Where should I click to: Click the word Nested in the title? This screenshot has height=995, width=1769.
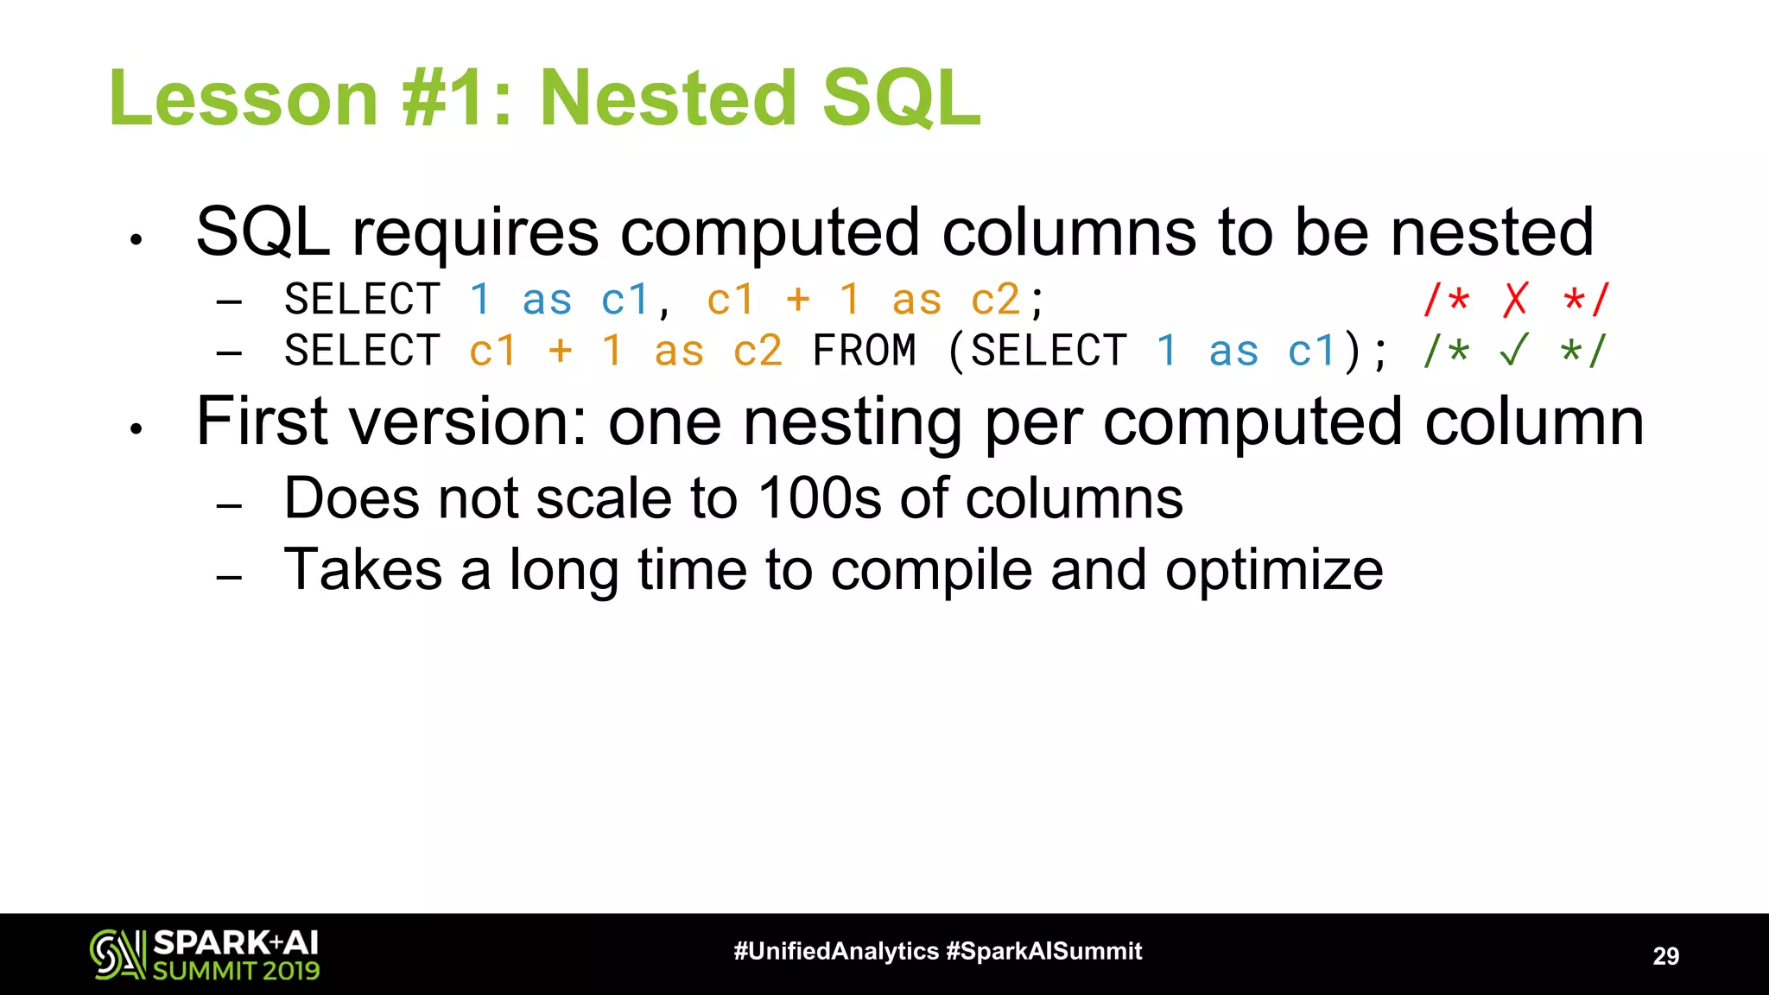coord(667,98)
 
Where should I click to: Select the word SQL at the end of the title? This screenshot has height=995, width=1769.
coord(901,98)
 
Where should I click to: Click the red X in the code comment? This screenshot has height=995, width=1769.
coord(1515,300)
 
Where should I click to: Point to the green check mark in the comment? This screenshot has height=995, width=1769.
coord(1515,351)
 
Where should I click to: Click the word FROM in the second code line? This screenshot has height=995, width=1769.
coord(864,351)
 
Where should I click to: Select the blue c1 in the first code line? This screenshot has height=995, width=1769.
coord(625,300)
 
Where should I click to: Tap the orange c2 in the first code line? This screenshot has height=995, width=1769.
coord(995,300)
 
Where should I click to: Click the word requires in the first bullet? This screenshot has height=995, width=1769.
coord(475,233)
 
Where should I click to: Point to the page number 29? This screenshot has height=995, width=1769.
coord(1665,955)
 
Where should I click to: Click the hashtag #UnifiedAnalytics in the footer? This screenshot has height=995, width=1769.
coord(835,951)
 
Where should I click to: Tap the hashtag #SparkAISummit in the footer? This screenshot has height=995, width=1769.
coord(1043,951)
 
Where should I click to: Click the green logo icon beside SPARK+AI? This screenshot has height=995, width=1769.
coord(117,954)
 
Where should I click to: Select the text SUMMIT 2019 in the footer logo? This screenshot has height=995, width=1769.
coord(236,971)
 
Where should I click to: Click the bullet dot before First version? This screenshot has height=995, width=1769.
coord(136,428)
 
